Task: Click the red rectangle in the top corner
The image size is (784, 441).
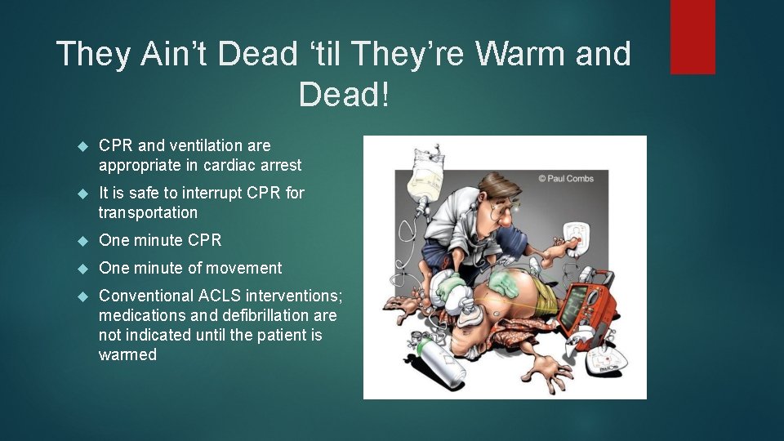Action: [693, 37]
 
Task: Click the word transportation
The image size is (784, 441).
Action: [148, 212]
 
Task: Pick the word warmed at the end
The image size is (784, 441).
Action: [127, 354]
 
